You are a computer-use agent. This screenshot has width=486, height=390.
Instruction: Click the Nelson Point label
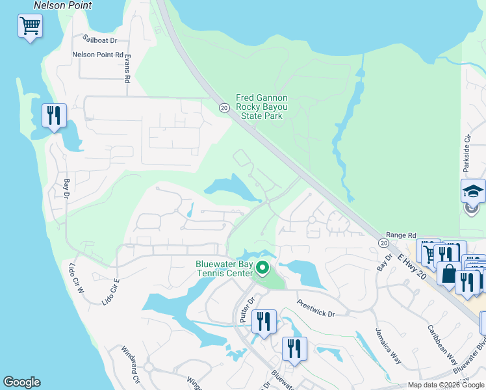point(63,5)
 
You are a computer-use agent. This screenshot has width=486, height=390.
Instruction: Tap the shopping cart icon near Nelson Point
point(30,27)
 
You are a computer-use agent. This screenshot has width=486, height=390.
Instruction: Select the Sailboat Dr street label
point(99,39)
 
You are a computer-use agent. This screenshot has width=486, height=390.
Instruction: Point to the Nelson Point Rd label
point(97,55)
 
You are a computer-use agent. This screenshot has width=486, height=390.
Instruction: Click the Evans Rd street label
point(128,68)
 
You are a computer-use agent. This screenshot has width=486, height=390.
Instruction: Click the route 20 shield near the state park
point(224,108)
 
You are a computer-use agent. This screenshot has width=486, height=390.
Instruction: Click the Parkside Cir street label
point(467,153)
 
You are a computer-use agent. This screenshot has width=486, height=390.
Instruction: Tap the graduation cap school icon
point(473,191)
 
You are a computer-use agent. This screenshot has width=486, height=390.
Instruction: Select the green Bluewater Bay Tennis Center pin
point(262,267)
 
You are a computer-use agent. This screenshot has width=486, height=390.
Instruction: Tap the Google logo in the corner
point(21,382)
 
